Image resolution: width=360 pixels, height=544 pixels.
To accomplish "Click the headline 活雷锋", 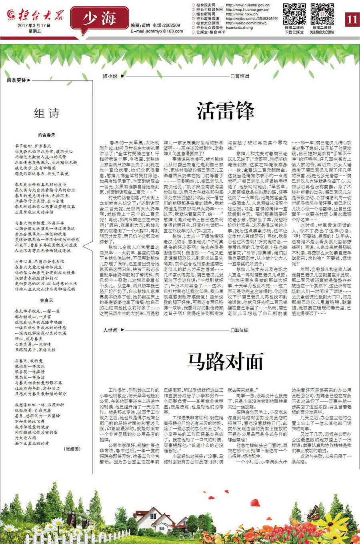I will (226, 111).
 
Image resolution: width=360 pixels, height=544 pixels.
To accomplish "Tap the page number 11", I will (352, 19).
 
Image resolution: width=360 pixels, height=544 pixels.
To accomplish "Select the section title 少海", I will (100, 18).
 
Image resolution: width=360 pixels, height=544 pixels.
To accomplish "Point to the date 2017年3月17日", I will (34, 25).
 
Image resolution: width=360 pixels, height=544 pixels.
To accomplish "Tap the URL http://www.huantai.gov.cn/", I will (248, 5).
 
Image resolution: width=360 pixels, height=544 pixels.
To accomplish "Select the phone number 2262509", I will (172, 25).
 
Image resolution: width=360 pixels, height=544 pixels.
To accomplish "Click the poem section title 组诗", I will (47, 114).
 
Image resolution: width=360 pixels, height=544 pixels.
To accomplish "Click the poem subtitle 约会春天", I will (46, 135).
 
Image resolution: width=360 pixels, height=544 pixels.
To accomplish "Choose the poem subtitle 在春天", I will (46, 300).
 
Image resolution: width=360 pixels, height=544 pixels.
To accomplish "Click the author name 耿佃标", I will (242, 330).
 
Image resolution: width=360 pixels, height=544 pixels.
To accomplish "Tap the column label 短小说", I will (110, 76).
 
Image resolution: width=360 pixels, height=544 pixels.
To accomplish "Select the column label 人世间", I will (110, 330).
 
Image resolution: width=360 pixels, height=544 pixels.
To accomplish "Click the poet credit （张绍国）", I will (72, 449).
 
